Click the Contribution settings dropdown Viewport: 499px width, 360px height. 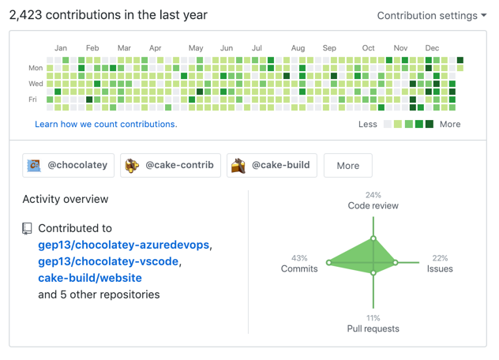[431, 16]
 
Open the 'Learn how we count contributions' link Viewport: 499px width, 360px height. [106, 124]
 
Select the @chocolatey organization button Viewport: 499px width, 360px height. [69, 165]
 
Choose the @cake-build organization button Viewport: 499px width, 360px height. [272, 165]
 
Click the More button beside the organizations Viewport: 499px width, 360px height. [347, 166]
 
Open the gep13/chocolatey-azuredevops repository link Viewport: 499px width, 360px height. [124, 245]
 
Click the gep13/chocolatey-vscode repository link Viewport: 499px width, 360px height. [109, 261]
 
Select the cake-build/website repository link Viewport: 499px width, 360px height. [90, 278]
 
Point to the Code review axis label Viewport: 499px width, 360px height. [373, 206]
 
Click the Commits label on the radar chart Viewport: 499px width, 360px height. [299, 268]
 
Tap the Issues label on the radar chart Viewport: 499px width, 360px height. [440, 268]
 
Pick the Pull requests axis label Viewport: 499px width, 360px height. [373, 328]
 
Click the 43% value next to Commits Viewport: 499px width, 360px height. [299, 258]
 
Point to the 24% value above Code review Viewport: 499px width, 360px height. [373, 195]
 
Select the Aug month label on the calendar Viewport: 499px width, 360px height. [298, 48]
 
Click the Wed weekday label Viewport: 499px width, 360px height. [36, 84]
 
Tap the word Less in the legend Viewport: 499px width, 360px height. [367, 124]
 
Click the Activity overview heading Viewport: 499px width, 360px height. [66, 199]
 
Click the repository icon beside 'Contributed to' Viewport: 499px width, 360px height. [28, 229]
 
